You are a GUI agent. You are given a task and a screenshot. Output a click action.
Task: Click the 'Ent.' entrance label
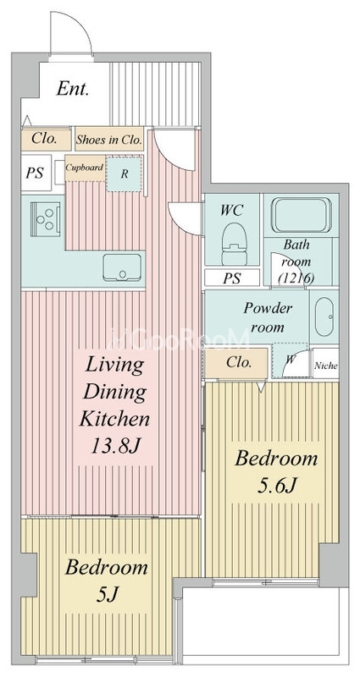(73, 89)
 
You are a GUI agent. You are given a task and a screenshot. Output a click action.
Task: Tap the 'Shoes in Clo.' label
(109, 140)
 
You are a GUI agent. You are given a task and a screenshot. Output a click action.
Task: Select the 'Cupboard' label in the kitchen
(85, 168)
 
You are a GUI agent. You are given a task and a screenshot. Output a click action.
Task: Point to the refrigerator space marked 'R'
(125, 174)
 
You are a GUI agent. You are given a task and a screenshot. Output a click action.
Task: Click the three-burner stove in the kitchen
(45, 219)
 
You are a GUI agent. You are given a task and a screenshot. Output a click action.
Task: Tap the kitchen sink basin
(122, 267)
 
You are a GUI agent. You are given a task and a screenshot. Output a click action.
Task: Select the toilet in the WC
(234, 244)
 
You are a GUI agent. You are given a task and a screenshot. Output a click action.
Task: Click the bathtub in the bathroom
(301, 215)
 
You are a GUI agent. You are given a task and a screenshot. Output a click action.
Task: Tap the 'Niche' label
(325, 366)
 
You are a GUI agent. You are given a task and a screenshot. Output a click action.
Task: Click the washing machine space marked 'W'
(290, 361)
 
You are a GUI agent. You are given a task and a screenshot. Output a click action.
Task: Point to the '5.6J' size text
(277, 486)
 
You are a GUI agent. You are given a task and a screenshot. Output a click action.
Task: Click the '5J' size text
(107, 595)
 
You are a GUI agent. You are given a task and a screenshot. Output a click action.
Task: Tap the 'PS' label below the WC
(232, 278)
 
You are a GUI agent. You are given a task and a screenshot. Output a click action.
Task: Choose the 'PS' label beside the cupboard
(35, 173)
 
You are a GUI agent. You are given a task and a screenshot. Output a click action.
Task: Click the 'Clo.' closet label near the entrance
(45, 139)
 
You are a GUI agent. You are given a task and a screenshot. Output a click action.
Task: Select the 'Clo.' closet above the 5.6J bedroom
(239, 363)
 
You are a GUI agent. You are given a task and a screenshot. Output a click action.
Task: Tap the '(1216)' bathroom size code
(296, 278)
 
